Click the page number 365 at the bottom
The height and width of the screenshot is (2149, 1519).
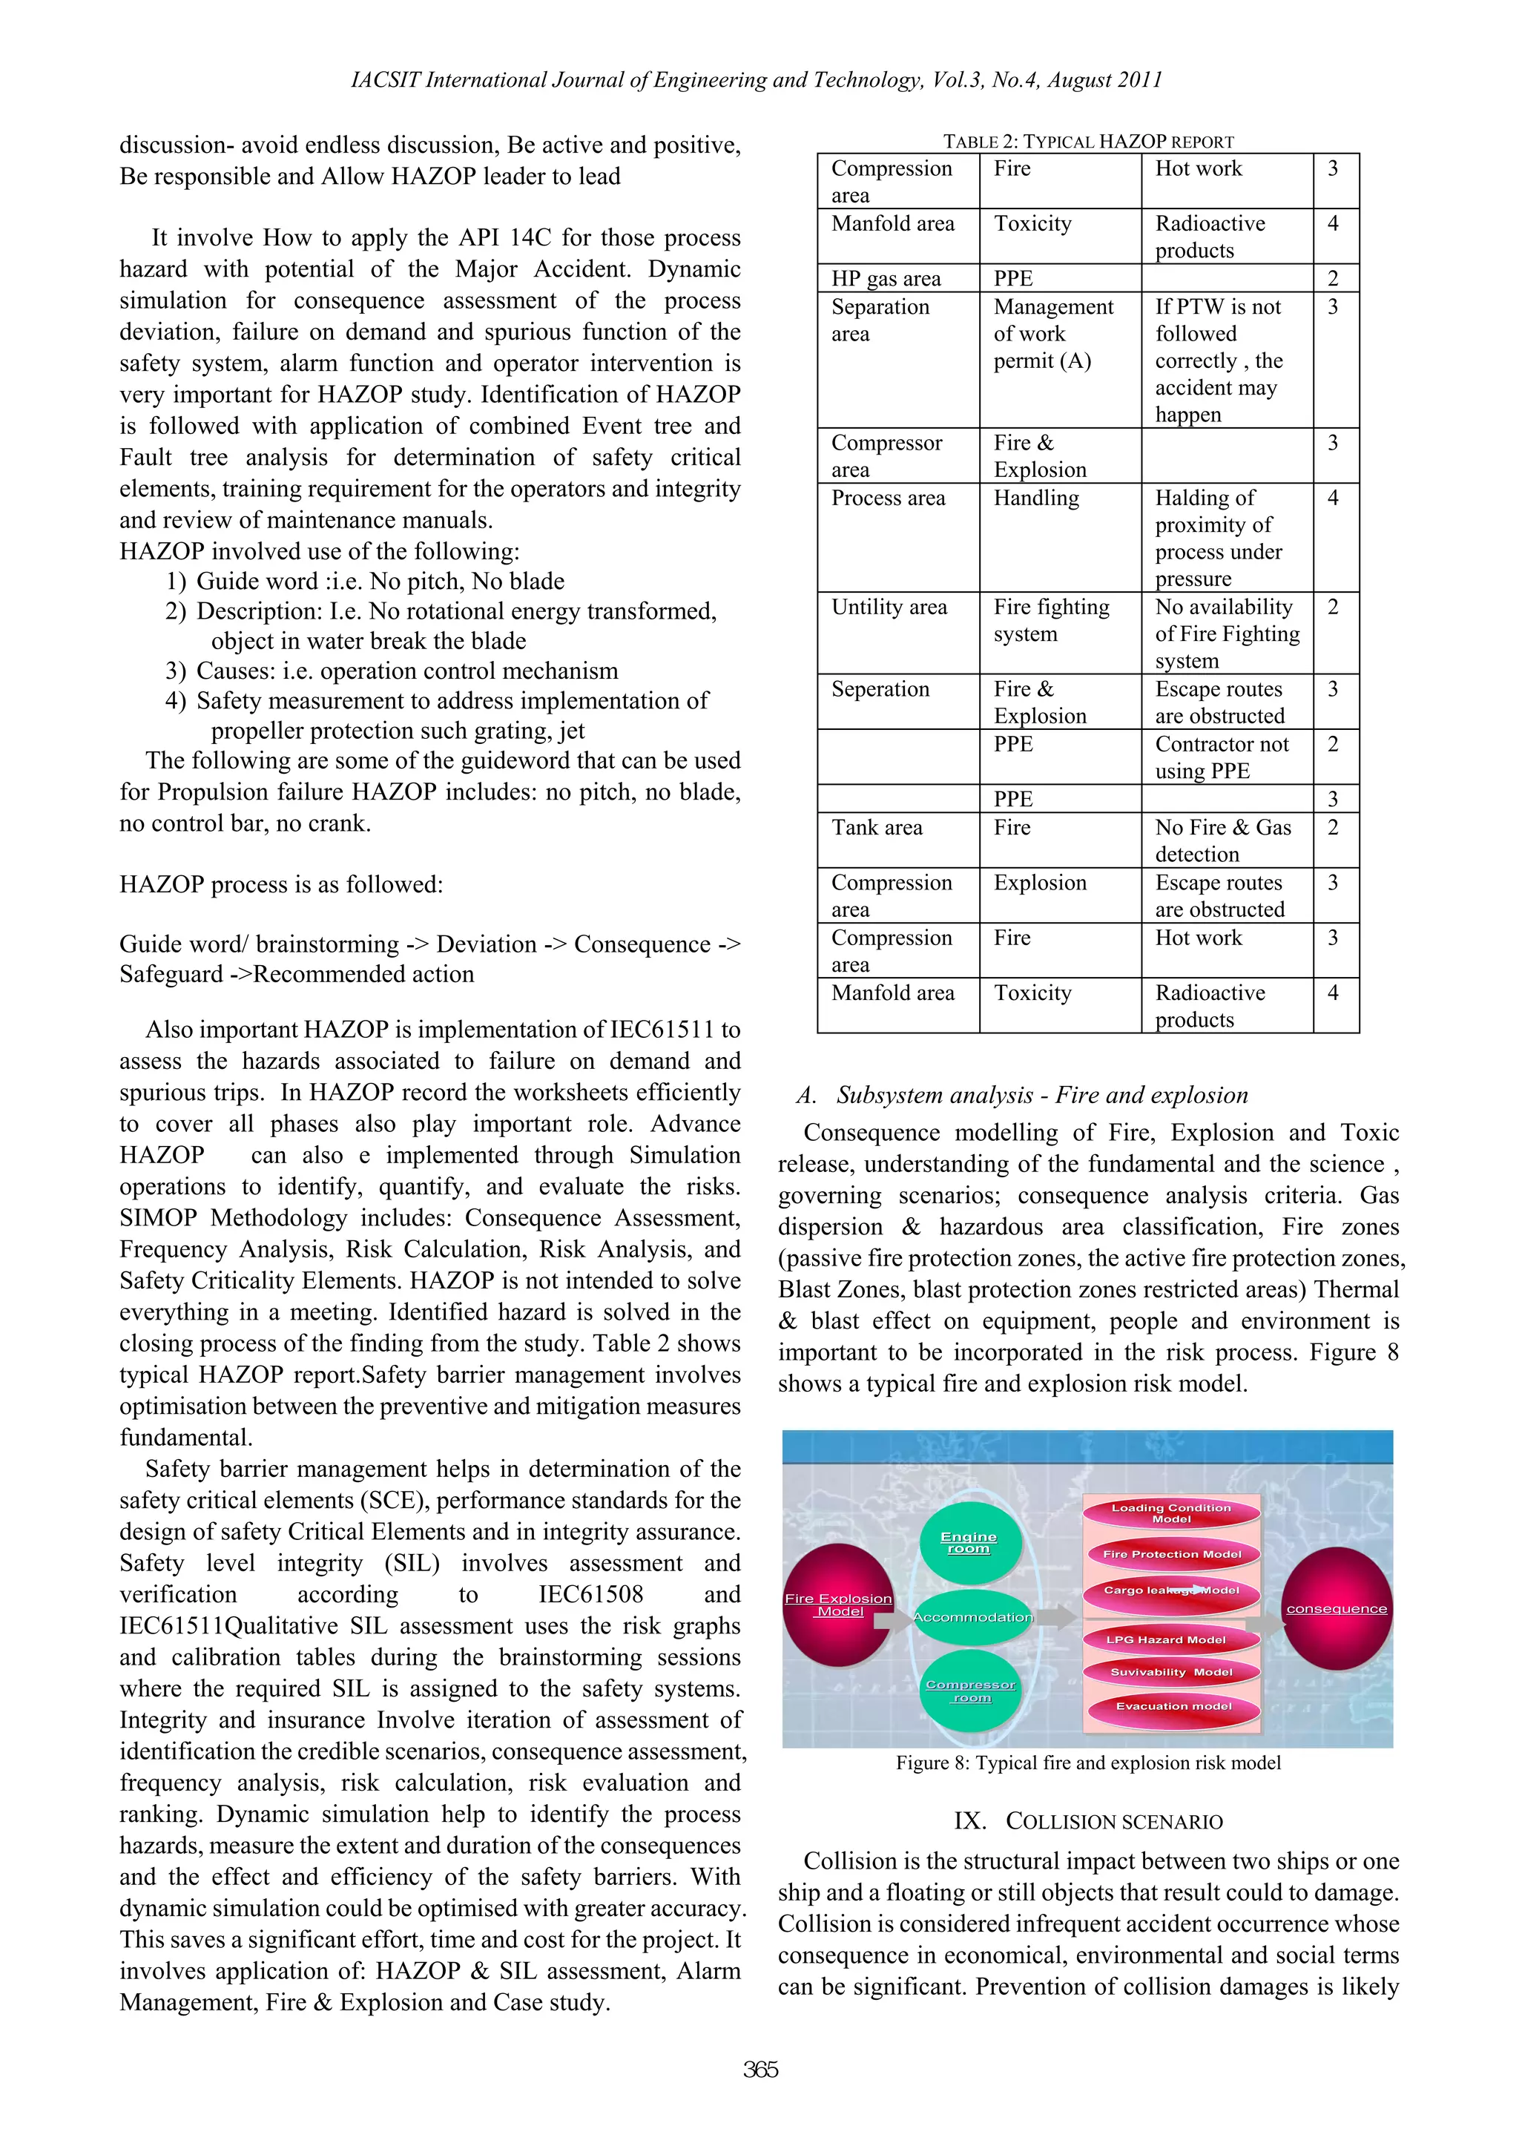pos(760,2070)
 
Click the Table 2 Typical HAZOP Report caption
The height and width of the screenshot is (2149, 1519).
pos(1087,142)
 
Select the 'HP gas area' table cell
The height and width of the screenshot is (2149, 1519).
pos(897,278)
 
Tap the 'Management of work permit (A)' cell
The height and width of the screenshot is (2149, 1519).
pos(1058,334)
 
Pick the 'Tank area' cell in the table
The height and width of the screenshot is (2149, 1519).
pos(897,840)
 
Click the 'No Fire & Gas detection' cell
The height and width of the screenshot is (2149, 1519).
pos(1225,840)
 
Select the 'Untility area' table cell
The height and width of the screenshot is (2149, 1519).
pos(897,633)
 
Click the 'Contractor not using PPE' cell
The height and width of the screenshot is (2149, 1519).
pos(1225,757)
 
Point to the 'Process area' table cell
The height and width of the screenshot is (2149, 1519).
pos(897,536)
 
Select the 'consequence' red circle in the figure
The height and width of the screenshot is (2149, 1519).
pos(1337,1609)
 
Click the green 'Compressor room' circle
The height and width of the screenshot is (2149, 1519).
pos(971,1691)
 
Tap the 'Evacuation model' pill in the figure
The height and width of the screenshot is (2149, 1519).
pos(1173,1706)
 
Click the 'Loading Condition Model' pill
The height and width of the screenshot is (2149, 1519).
pos(1171,1513)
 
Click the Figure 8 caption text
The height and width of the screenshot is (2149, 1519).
pos(1087,1763)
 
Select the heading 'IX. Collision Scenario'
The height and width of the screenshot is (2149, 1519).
pos(1087,1821)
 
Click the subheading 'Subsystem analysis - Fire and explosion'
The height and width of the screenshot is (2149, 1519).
pos(1022,1095)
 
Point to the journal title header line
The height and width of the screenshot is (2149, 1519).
pos(757,81)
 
